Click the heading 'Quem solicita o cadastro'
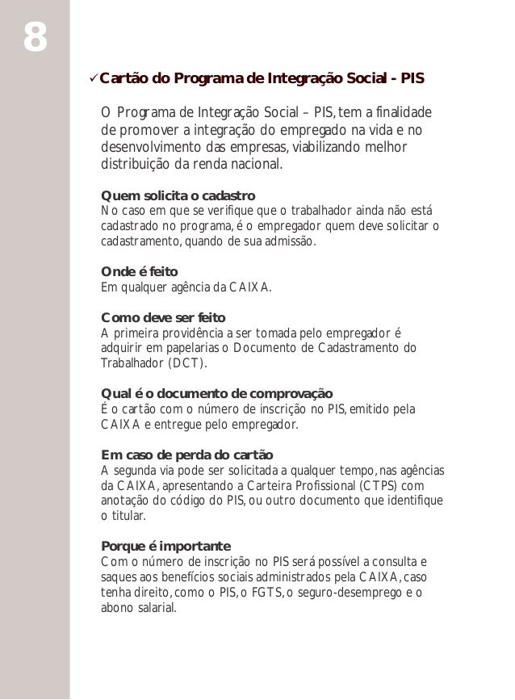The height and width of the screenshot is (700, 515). pos(177,196)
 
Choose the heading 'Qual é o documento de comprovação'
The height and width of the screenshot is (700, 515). pos(216,393)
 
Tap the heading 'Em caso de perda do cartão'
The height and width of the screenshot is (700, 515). pos(186,454)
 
